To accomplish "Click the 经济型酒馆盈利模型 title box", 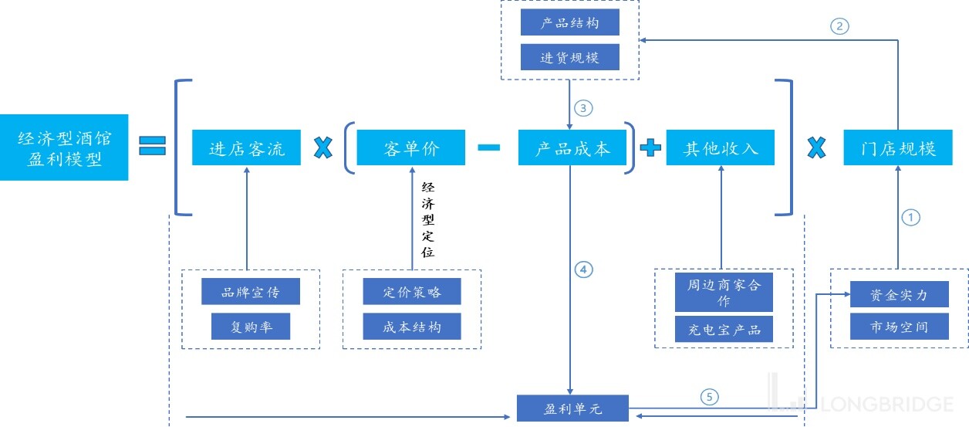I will tap(64, 147).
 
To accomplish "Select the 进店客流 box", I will tap(247, 147).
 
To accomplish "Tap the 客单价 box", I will tap(410, 147).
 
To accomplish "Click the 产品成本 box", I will tap(572, 147).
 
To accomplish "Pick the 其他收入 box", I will tap(721, 147).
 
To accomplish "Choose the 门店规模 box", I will tap(898, 147).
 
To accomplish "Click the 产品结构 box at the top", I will tap(569, 23).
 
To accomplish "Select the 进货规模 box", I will tap(569, 58).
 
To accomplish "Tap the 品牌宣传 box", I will tap(250, 292).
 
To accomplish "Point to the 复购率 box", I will tap(252, 327).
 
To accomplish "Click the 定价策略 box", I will tap(412, 292).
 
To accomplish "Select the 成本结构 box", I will tap(412, 327).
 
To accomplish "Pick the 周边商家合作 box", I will tap(724, 292).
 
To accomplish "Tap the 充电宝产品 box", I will tap(724, 329).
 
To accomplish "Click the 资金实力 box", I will tap(899, 294).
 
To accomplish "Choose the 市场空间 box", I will tap(899, 327).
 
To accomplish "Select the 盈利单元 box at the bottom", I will tap(572, 408).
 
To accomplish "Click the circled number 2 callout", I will tap(839, 25).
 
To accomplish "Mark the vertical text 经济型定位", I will tap(427, 219).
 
